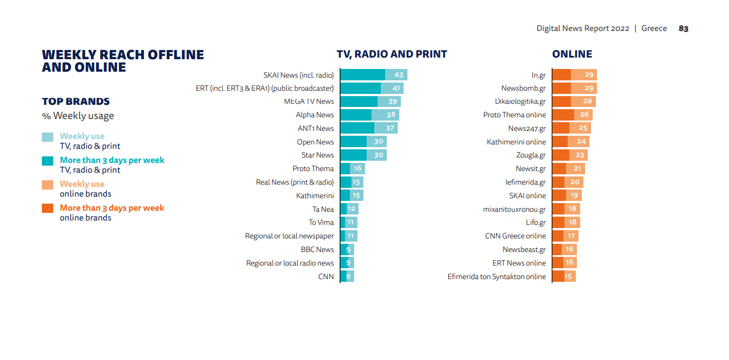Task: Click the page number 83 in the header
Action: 683,29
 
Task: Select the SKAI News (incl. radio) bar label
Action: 298,75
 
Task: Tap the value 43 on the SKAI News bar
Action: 399,75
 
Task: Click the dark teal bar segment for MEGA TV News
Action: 359,102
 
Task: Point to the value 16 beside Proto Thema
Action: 357,169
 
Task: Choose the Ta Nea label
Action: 323,209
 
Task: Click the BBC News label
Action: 317,250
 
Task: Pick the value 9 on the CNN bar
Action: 349,276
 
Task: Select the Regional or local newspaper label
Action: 290,236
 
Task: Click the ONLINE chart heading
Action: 572,54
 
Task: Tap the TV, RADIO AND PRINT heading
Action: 392,54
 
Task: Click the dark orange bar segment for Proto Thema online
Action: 563,115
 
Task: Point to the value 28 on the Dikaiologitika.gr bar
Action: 587,102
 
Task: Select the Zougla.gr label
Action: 531,155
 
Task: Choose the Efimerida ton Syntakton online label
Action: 497,276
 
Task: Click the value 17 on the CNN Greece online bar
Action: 571,236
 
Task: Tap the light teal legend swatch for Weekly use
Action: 48,137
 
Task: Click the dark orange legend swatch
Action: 48,208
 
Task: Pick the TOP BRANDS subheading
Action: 76,102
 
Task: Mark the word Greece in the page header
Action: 654,29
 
